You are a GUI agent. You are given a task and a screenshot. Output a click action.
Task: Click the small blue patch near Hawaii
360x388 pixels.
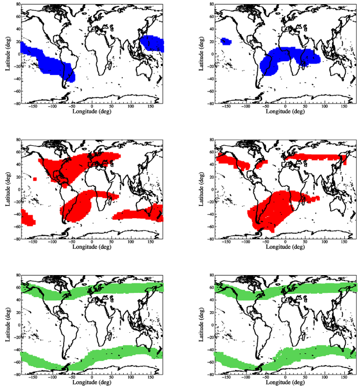[225, 42]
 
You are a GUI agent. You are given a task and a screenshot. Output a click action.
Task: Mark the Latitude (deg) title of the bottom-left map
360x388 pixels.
[7, 325]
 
